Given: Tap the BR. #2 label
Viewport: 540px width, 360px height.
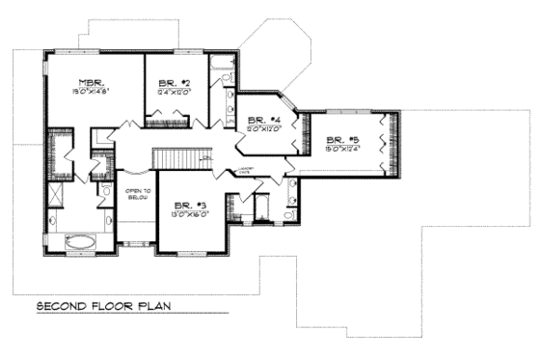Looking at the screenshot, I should (x=174, y=83).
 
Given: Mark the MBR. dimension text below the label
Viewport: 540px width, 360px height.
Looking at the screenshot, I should (x=85, y=92).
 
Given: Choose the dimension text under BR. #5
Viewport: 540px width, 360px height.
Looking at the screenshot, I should (x=342, y=148).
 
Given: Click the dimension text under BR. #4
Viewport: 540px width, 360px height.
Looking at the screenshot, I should (x=256, y=126).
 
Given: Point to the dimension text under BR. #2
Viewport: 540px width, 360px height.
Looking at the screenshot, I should (x=174, y=93).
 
